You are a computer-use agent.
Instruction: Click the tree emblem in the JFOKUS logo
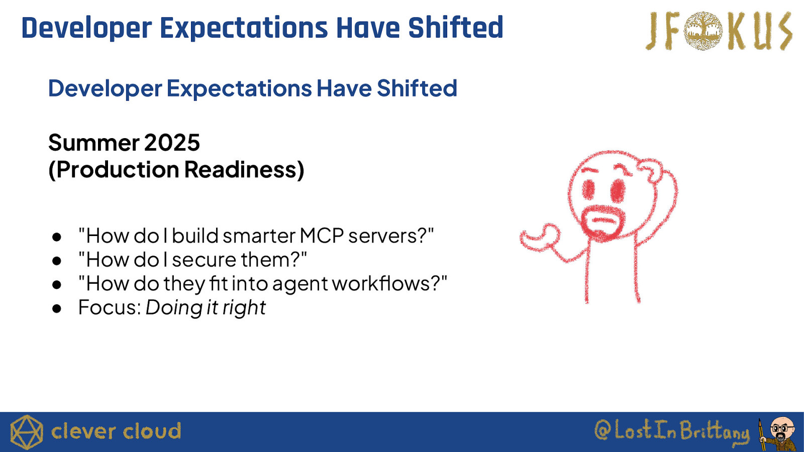click(703, 31)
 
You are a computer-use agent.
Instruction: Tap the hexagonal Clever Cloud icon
click(27, 432)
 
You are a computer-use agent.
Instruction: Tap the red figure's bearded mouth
click(603, 221)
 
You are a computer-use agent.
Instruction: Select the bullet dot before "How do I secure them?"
click(57, 261)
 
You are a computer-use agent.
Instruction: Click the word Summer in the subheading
click(93, 143)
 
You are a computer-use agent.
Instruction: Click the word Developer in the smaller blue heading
click(105, 88)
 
